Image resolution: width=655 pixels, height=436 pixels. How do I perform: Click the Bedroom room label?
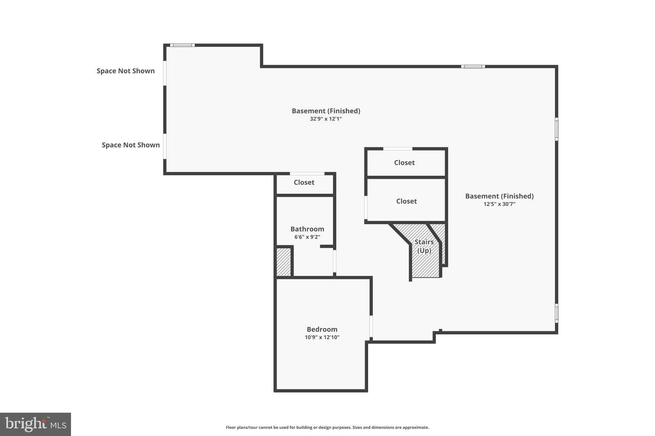point(322,329)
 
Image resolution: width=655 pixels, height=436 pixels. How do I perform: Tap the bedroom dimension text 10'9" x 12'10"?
point(322,337)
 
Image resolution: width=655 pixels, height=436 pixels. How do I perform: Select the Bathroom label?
point(307,229)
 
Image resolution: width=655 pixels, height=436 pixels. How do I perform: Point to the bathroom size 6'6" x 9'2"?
point(307,237)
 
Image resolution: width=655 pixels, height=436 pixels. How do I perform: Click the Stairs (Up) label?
point(424,246)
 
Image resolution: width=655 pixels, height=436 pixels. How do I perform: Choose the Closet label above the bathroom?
point(304,182)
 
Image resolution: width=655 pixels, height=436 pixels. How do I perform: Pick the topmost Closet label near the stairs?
point(404,163)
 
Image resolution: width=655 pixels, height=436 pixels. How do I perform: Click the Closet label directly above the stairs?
point(406,201)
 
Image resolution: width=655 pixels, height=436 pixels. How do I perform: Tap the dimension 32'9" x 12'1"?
point(326,119)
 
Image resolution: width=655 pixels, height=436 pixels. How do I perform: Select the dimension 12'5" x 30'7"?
point(499,204)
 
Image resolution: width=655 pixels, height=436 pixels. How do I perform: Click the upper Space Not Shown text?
point(126,71)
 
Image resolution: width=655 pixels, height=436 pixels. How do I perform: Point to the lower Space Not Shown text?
point(130,145)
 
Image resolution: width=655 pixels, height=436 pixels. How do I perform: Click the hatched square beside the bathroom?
point(283,262)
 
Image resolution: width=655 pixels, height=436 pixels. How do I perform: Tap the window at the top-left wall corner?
point(182,45)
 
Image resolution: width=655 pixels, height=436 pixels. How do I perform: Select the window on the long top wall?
point(473,66)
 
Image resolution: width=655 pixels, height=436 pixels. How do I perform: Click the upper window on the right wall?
point(556,129)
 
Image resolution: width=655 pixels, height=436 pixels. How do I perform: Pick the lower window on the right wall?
point(556,313)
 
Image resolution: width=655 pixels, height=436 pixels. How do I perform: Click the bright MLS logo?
point(36,424)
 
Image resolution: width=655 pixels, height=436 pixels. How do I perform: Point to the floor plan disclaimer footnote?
point(327,427)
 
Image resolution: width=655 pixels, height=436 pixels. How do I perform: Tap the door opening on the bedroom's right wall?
point(371,326)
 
